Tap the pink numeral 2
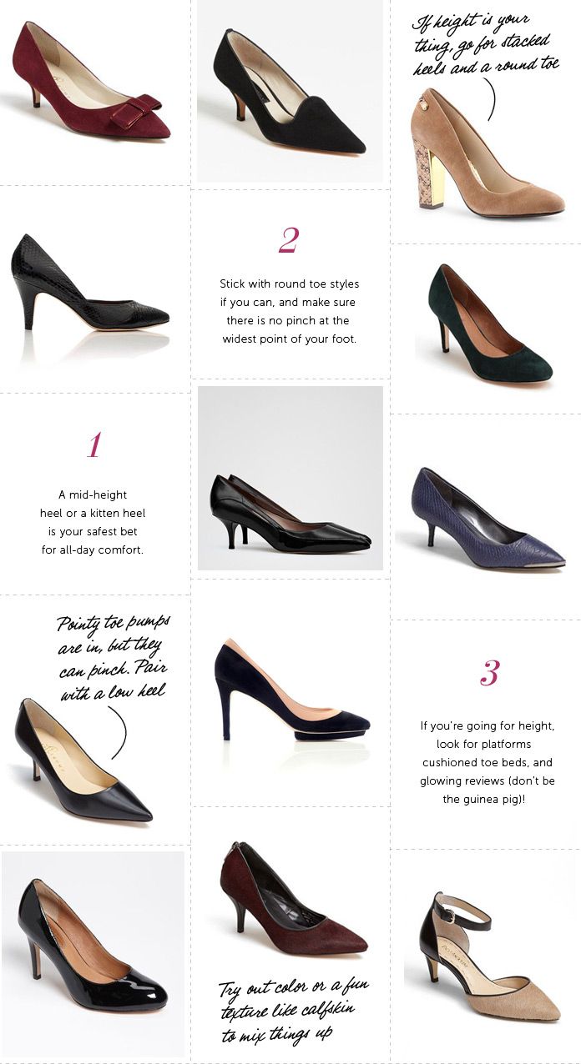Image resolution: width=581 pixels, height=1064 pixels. [x=288, y=240]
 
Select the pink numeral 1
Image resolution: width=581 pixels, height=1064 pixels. [x=93, y=444]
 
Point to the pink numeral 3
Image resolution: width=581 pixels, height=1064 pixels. [x=489, y=672]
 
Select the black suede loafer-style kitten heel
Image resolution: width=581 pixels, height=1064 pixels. [x=292, y=100]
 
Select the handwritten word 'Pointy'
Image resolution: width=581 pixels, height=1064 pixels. [x=80, y=625]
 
